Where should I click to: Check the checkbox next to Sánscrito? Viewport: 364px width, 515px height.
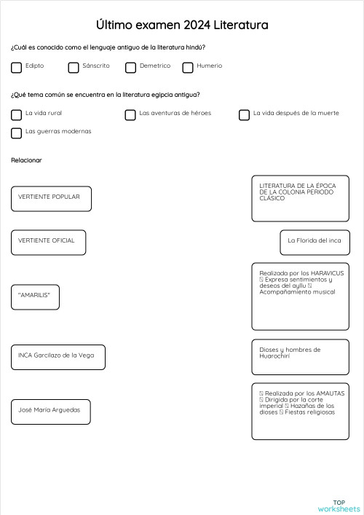74,68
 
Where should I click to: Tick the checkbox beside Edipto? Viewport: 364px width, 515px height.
16,68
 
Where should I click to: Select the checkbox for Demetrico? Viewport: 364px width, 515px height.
131,68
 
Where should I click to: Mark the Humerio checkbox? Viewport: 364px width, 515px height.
188,68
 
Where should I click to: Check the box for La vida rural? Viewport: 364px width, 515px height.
16,114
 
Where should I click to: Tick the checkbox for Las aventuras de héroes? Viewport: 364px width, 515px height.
130,114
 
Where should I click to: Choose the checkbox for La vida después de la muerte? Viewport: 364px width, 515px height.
245,114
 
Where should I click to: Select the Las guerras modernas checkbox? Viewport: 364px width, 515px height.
16,133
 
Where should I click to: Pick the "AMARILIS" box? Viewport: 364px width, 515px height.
35,297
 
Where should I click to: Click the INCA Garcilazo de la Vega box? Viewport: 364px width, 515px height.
58,357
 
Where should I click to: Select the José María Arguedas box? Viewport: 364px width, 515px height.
51,412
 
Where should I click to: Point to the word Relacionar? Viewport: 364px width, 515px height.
26,160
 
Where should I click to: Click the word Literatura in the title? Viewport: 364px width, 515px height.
241,25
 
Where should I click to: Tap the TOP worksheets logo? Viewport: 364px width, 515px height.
339,506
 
